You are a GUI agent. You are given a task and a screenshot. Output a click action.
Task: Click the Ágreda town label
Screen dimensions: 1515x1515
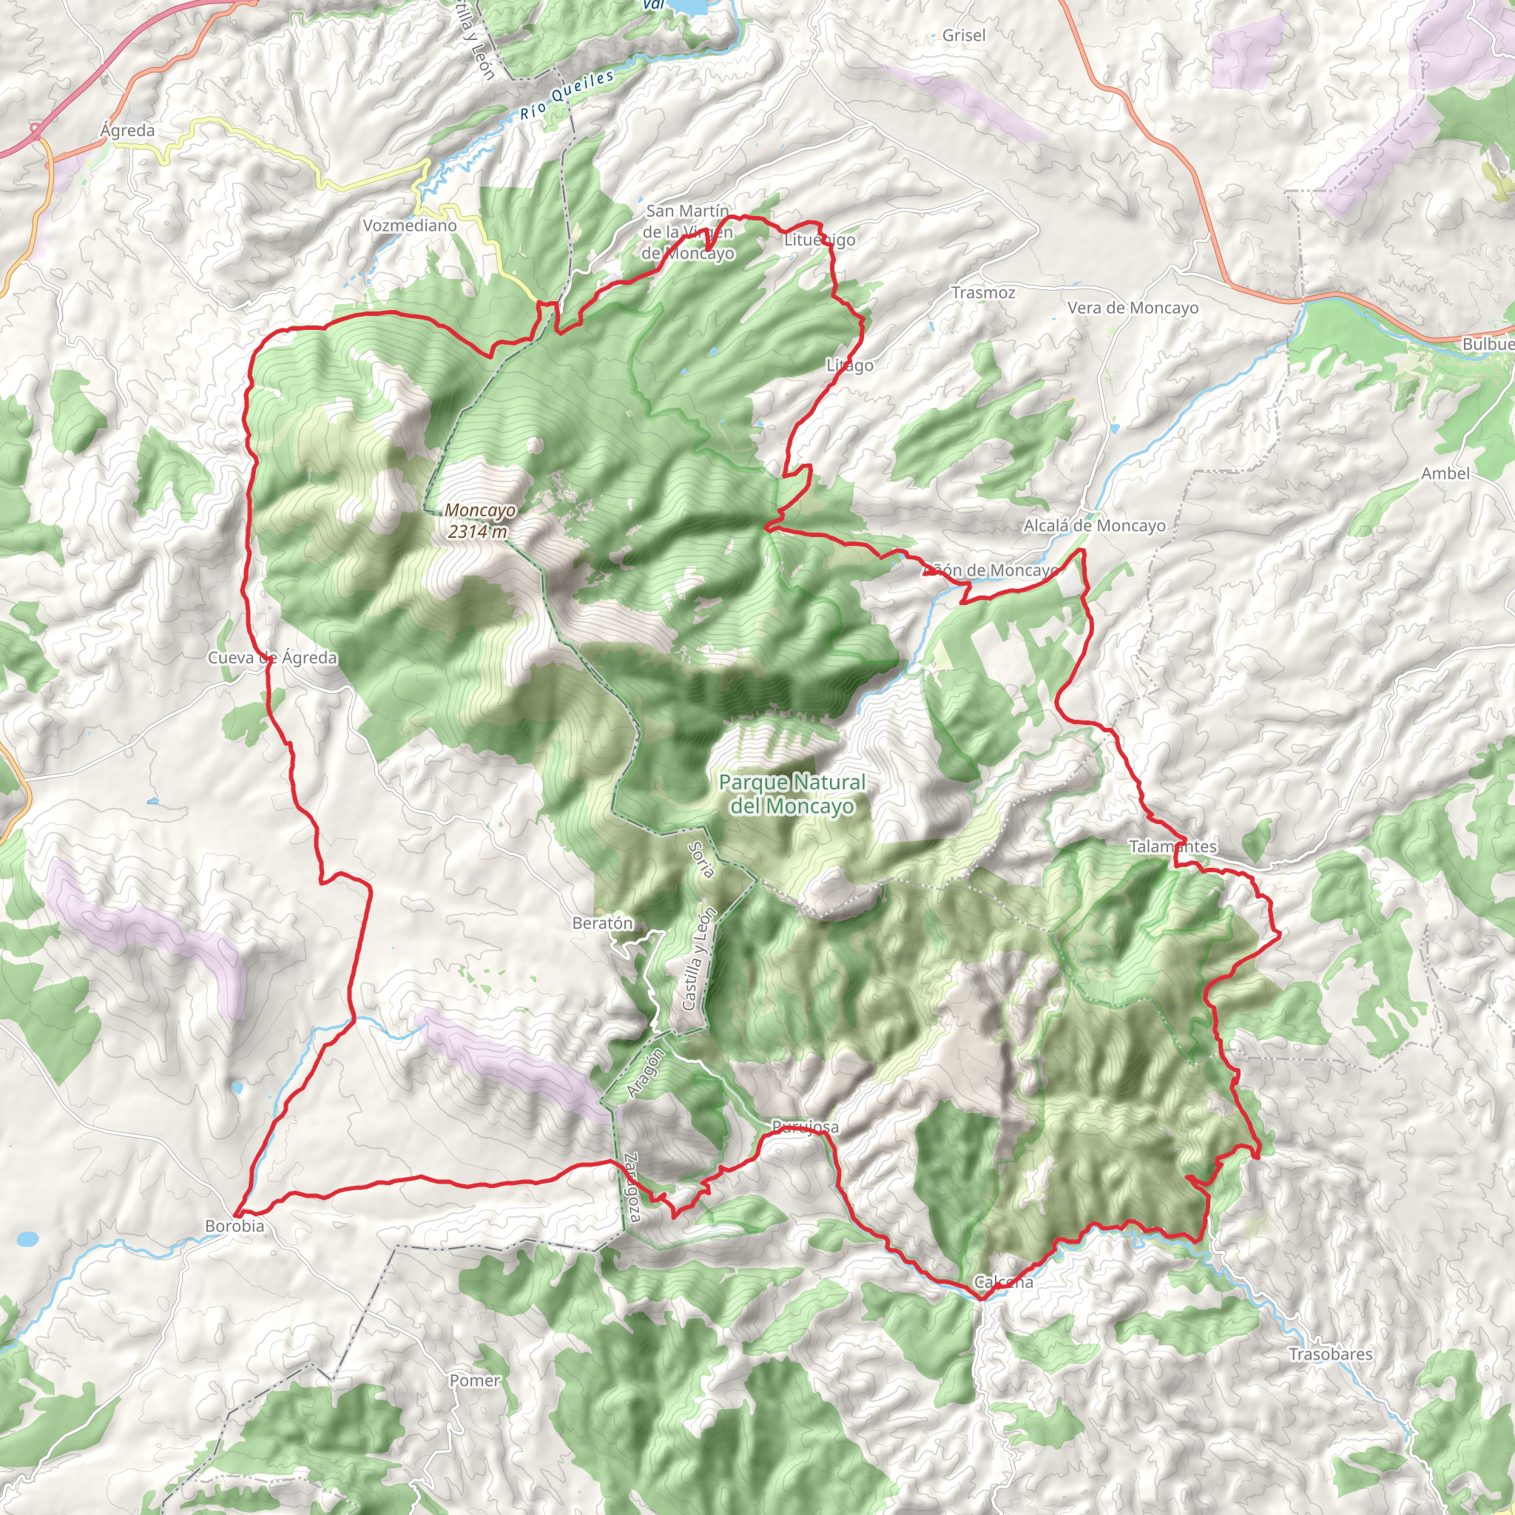127,130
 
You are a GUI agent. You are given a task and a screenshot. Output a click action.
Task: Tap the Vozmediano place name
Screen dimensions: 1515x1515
409,226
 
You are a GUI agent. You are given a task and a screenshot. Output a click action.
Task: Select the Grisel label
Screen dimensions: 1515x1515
964,36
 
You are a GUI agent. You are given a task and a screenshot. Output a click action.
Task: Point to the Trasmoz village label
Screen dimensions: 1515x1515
983,292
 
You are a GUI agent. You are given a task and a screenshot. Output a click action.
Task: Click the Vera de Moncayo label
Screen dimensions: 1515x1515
1133,308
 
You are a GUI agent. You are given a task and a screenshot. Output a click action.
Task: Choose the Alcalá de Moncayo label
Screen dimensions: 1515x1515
1094,525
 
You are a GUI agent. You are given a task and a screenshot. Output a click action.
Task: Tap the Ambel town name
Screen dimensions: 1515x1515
1445,473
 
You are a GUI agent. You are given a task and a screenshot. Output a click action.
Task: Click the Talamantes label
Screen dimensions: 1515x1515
1172,846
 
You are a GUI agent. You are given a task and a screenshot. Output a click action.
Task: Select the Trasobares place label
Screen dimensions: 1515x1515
1331,1354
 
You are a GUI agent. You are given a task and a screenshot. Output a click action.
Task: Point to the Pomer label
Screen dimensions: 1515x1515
474,1381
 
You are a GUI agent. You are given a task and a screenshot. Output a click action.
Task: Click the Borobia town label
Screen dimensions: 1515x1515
234,1226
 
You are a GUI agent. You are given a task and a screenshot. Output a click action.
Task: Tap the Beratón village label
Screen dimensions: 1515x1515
602,923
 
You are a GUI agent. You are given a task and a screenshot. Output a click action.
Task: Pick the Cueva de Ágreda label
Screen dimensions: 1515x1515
272,658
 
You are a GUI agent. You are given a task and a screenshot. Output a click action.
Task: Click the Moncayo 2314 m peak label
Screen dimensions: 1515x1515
479,521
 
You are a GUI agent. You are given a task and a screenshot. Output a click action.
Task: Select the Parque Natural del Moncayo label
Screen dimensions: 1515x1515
792,794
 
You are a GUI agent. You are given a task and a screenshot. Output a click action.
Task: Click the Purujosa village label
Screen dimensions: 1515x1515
805,1127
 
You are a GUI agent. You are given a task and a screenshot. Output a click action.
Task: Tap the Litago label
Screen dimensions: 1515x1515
849,365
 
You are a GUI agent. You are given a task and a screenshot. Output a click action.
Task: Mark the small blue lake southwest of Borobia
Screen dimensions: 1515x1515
27,1240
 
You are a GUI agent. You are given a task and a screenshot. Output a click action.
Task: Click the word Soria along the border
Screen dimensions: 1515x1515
701,860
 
